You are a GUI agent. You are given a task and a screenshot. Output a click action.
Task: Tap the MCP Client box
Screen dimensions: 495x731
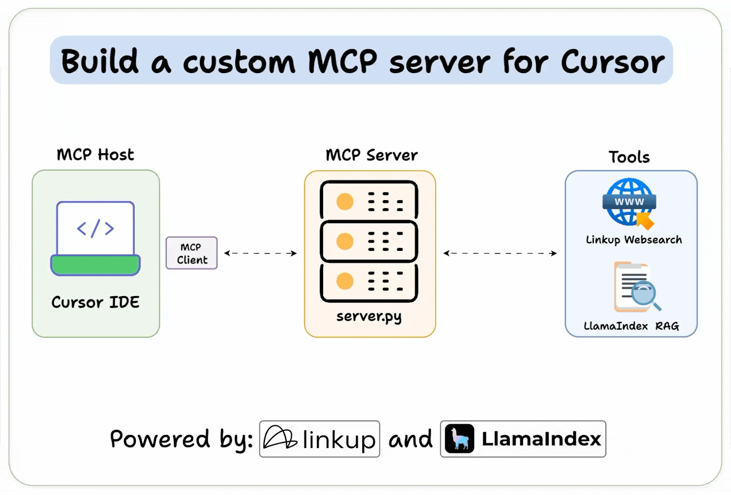(191, 253)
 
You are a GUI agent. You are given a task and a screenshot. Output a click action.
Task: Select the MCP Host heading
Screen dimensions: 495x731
(95, 155)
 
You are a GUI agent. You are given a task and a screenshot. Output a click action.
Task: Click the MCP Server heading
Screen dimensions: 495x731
(371, 155)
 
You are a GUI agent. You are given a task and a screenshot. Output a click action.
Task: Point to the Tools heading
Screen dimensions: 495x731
(629, 157)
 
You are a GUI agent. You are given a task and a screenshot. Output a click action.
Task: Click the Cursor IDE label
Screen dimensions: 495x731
(95, 302)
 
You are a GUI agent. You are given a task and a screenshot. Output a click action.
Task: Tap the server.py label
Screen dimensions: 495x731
(369, 316)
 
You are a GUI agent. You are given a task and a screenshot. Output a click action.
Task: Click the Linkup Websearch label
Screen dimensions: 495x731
(633, 240)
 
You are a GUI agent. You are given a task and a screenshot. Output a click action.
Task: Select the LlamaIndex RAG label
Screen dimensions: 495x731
(631, 326)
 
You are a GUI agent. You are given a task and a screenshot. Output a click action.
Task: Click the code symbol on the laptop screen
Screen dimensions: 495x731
(95, 229)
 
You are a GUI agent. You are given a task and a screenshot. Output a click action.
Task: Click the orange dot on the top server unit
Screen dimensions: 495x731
(344, 202)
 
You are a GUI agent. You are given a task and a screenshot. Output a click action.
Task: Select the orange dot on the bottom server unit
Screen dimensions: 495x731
(344, 281)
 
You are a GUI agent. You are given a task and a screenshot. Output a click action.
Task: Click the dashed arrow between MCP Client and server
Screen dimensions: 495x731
(260, 253)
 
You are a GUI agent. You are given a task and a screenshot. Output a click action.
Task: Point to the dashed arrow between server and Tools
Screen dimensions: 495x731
(500, 253)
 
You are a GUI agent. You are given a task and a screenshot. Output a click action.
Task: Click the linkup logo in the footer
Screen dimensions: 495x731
(320, 439)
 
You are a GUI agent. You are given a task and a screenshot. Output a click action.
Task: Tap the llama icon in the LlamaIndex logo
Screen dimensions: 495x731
(460, 439)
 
